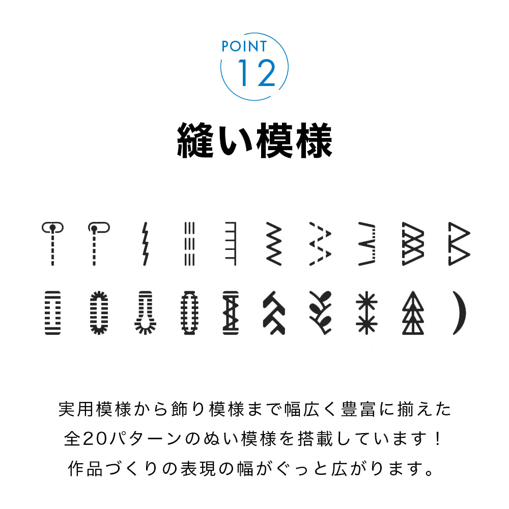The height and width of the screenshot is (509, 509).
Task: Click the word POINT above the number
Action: pos(244,46)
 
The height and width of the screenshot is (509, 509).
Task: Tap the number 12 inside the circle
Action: pos(256,73)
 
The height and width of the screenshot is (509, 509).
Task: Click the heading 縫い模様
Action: pos(254,140)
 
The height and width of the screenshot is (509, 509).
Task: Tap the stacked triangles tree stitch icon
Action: pos(413,313)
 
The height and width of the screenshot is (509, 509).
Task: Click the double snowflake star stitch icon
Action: pos(366,313)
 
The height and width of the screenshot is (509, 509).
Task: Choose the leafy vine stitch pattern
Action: pos(321,313)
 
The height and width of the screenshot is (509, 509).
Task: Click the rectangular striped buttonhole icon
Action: pos(52,313)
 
